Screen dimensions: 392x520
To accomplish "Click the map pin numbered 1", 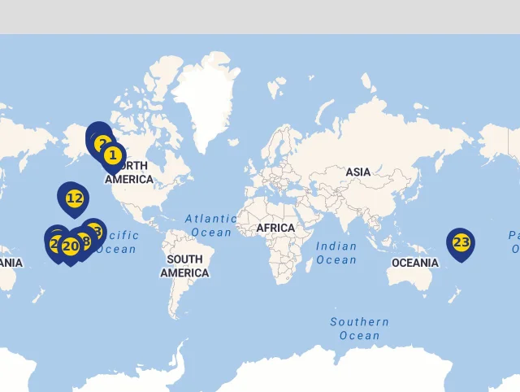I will pyautogui.click(x=113, y=155).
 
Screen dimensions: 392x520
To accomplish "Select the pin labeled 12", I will pyautogui.click(x=74, y=198).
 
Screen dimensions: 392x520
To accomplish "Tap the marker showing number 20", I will pyautogui.click(x=71, y=246).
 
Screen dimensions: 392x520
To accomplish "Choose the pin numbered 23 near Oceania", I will pyautogui.click(x=461, y=242).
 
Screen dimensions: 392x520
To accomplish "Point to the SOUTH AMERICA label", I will pyautogui.click(x=184, y=266).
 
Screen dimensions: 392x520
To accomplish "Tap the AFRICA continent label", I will pyautogui.click(x=275, y=228).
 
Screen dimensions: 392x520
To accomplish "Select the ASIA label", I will pyautogui.click(x=358, y=172).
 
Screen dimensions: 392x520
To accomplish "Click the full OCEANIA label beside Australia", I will pyautogui.click(x=414, y=263).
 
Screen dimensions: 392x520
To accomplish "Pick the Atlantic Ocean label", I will pyautogui.click(x=211, y=225).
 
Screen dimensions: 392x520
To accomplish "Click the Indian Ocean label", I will pyautogui.click(x=336, y=253).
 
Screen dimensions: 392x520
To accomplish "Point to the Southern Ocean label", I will pyautogui.click(x=359, y=329).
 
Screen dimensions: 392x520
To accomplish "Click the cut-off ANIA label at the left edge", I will pyautogui.click(x=11, y=263).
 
